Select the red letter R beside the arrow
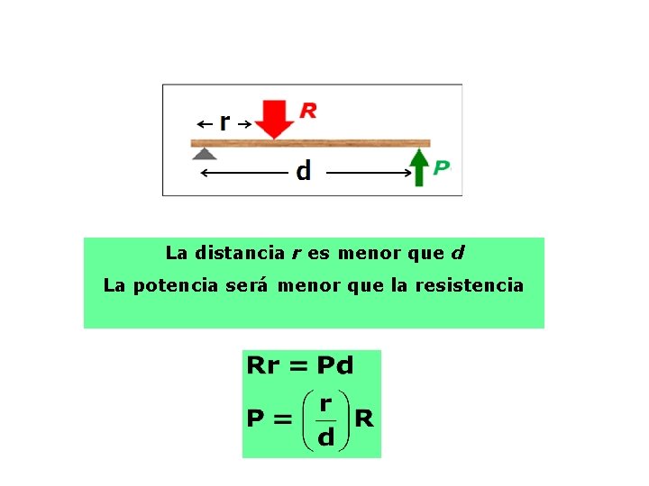click(x=307, y=111)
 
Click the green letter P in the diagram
click(x=441, y=167)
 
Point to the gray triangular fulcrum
click(x=206, y=153)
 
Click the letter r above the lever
click(x=224, y=121)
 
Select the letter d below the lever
click(x=304, y=170)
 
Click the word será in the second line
click(x=249, y=285)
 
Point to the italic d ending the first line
click(x=458, y=253)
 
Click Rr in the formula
click(x=263, y=365)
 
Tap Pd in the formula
click(x=334, y=365)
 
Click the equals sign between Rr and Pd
click(x=298, y=366)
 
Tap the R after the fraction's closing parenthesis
click(x=364, y=418)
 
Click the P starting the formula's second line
click(x=256, y=419)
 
